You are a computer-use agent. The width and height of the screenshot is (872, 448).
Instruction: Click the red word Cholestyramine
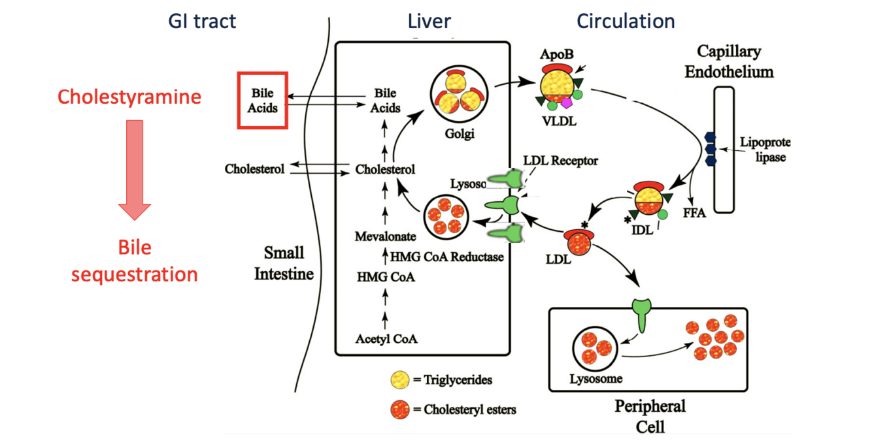point(129,97)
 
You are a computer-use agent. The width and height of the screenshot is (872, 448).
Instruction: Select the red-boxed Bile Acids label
point(262,101)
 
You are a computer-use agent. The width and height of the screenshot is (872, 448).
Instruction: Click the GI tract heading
point(202,21)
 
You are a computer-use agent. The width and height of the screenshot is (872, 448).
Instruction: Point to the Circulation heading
point(626,21)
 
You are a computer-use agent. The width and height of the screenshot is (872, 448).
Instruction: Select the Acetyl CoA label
point(386,339)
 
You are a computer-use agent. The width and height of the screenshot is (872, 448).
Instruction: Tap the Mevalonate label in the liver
point(385,236)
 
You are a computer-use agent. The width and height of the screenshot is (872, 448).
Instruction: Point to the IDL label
point(643,229)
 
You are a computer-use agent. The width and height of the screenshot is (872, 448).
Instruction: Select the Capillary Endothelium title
point(729,61)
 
